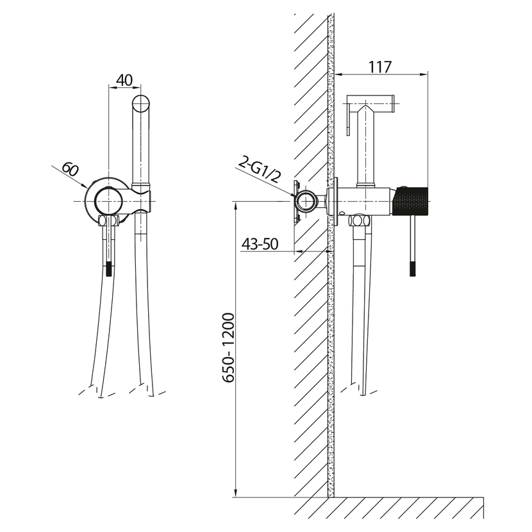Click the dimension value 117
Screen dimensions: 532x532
pyautogui.click(x=380, y=67)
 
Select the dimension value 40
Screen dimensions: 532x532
pyautogui.click(x=124, y=80)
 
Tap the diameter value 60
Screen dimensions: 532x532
pyautogui.click(x=71, y=170)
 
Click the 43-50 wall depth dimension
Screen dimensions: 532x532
pyautogui.click(x=260, y=244)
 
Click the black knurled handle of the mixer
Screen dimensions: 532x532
pyautogui.click(x=410, y=201)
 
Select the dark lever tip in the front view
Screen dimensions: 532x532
pyautogui.click(x=108, y=269)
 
